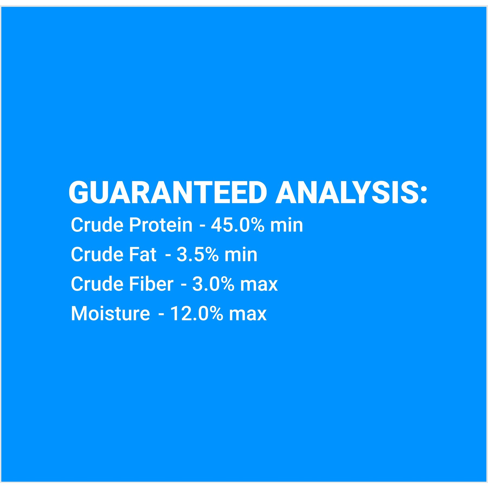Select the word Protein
coord(160,225)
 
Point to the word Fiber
coord(151,284)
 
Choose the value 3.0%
coord(213,284)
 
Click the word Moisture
coord(110,313)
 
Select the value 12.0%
coord(197,313)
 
